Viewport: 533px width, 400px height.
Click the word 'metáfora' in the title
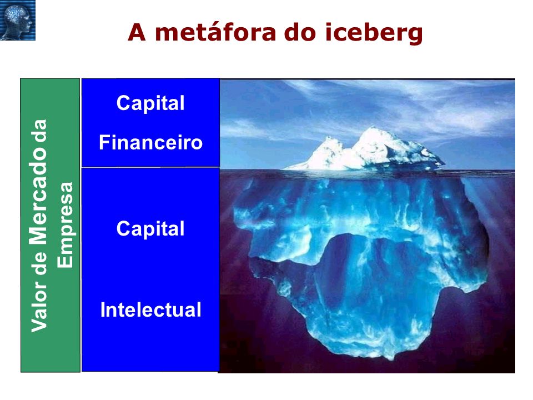coord(215,32)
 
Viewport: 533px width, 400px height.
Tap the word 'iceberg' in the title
coord(374,33)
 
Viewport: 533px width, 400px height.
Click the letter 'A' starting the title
coord(137,32)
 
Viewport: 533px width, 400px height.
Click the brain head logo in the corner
coord(18,20)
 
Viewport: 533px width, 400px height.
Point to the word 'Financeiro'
coord(150,143)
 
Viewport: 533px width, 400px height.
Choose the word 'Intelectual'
coord(150,310)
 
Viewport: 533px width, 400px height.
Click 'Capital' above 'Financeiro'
coord(150,103)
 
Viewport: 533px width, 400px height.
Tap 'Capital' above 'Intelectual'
coord(150,228)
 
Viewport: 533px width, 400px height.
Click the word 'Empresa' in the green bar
coord(65,225)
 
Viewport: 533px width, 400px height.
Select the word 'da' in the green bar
coord(39,131)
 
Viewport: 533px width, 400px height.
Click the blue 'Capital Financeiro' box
coord(150,123)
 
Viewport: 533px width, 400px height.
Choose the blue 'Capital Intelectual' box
coord(150,269)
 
